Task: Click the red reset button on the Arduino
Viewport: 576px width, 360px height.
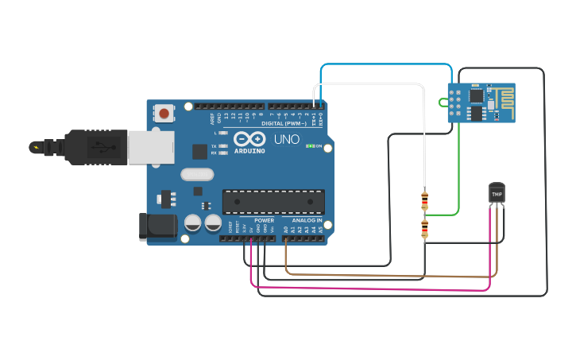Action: pos(164,113)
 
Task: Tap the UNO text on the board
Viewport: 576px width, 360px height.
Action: pos(286,140)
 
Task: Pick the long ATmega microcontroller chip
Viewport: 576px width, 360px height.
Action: pos(273,202)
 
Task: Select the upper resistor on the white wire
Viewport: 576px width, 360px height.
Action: pos(424,201)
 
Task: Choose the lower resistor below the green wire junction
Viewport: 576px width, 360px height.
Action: pos(424,230)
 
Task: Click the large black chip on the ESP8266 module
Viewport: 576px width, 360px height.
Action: pos(475,97)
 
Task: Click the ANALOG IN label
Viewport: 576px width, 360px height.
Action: pos(307,220)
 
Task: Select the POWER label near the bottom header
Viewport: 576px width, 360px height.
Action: pos(264,220)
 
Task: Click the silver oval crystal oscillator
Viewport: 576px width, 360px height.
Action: pos(198,175)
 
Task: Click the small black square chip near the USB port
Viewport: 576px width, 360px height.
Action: pos(200,151)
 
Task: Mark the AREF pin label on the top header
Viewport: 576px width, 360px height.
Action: pos(212,118)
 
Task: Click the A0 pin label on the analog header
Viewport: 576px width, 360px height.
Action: pos(286,230)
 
